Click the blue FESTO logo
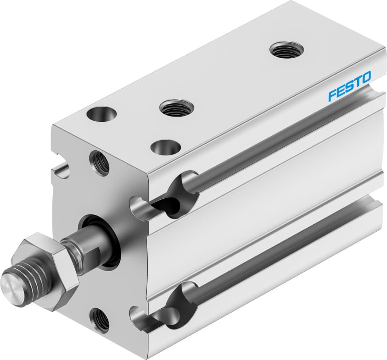coord(349,85)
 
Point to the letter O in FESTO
coord(365,77)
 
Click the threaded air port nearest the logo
coord(286,49)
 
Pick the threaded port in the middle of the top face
coord(176,108)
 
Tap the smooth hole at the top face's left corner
coord(102,114)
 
